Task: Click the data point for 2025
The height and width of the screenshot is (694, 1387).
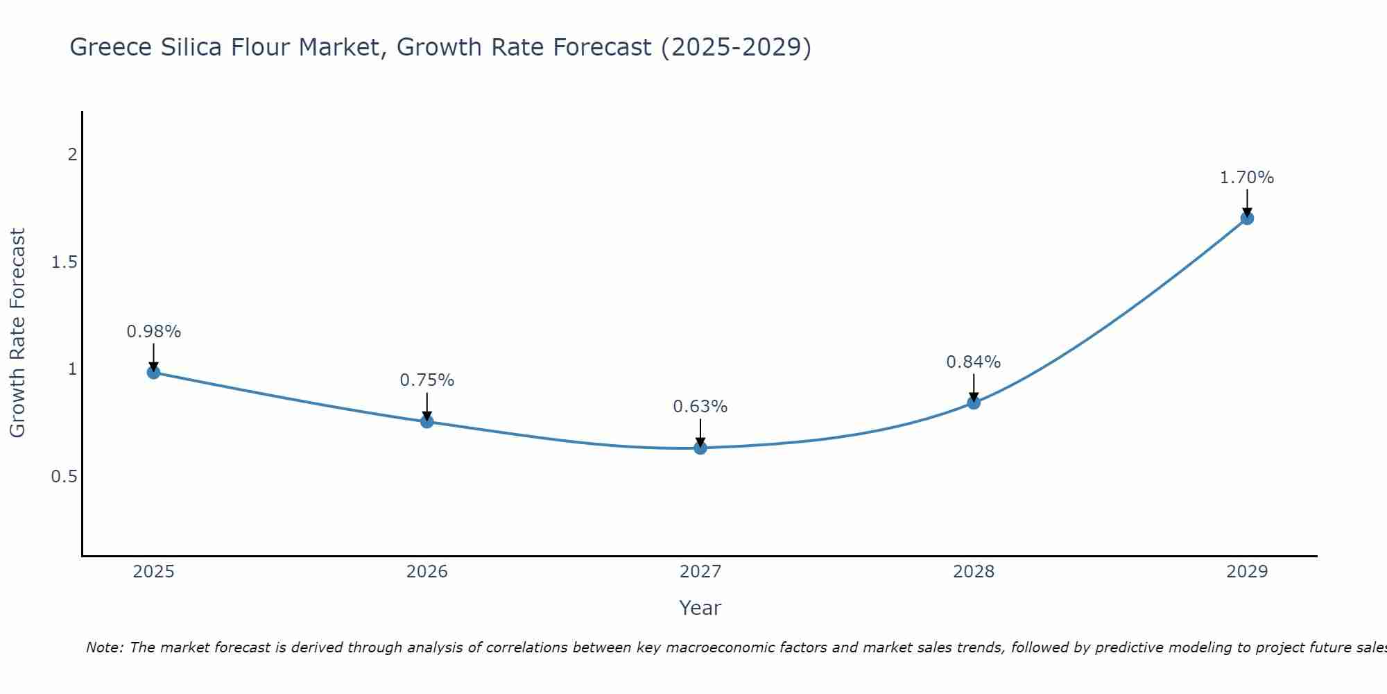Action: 154,373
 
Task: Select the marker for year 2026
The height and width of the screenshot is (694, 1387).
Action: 427,421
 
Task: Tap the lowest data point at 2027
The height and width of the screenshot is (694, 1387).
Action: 700,448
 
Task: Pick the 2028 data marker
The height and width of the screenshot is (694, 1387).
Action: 974,403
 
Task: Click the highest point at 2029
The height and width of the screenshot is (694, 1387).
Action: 1247,218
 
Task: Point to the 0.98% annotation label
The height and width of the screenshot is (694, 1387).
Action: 154,332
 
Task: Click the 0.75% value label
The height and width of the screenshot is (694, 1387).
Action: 427,380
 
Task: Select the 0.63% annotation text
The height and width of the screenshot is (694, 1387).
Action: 700,407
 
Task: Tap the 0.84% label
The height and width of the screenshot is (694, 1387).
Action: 974,362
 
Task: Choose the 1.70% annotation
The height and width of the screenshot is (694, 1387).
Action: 1247,178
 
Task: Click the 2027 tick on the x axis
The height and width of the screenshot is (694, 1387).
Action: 700,572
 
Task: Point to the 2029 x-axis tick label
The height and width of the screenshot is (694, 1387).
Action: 1247,572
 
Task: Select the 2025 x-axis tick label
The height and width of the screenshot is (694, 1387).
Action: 154,572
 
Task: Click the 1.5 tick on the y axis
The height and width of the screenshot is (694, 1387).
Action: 64,262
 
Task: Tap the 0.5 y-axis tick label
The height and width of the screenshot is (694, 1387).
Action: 64,477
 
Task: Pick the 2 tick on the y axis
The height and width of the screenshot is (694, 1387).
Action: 72,155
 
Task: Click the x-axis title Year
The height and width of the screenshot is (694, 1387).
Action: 700,608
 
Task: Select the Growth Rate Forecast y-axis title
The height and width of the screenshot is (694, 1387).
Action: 17,333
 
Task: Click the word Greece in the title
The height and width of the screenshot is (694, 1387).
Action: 111,47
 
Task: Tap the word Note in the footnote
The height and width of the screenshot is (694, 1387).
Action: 104,648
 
